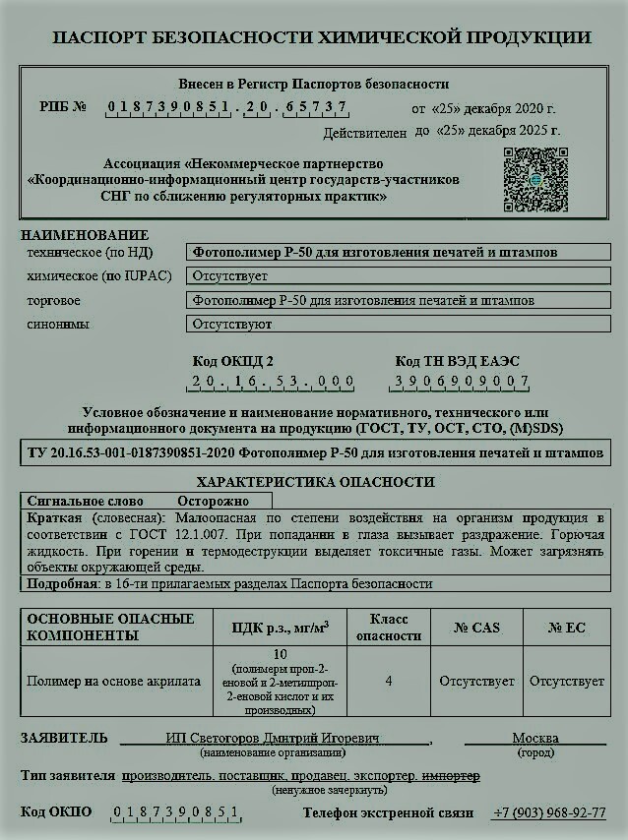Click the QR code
[535, 179]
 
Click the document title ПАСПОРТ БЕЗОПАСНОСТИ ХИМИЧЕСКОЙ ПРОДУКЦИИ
[321, 38]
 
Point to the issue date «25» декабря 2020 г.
[483, 108]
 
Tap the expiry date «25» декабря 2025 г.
[487, 130]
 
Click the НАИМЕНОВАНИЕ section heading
[85, 236]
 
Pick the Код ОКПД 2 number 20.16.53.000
[273, 382]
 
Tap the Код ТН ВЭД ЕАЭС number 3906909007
[462, 382]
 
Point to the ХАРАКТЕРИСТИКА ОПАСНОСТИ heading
[315, 482]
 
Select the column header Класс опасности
[388, 628]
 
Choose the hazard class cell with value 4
[388, 681]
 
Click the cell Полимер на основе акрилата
[114, 681]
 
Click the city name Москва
[534, 739]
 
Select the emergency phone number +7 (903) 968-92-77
[549, 813]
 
